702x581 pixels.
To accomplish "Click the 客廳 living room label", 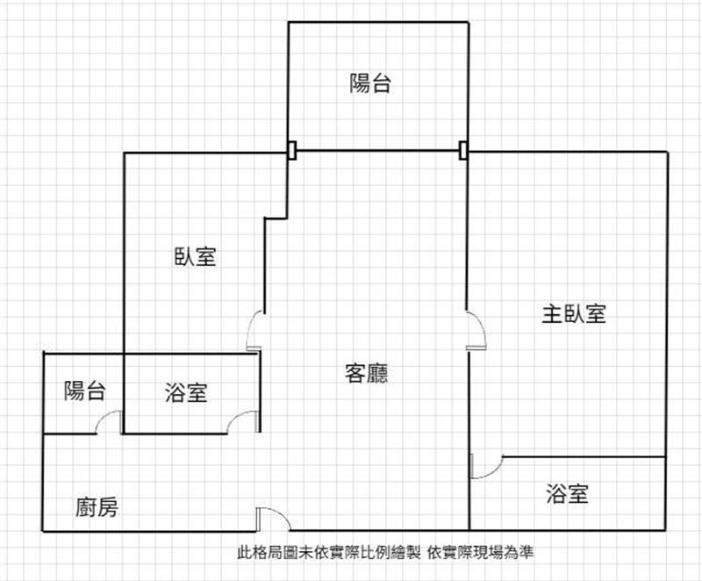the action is (366, 373).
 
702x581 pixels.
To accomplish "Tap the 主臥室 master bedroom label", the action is (574, 314).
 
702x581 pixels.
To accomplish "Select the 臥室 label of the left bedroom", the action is (195, 256).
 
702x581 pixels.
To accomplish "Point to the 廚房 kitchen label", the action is (97, 507).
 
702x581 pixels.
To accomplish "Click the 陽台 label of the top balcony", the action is (370, 83).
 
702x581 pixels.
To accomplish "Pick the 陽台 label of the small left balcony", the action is (84, 391).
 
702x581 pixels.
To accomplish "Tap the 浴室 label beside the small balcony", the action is (186, 392).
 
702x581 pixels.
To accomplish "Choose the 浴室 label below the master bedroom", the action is (567, 493).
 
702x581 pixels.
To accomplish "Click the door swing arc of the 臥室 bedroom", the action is (251, 322).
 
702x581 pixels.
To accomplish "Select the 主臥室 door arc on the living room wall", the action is (480, 323).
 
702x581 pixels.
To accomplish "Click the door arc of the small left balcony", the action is (104, 416).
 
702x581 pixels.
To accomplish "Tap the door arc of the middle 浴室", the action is (236, 416).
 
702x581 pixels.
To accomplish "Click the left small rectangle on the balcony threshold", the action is (292, 150).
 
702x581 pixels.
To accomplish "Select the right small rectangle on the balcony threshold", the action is (464, 150).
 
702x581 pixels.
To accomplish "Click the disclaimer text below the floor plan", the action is (385, 552).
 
